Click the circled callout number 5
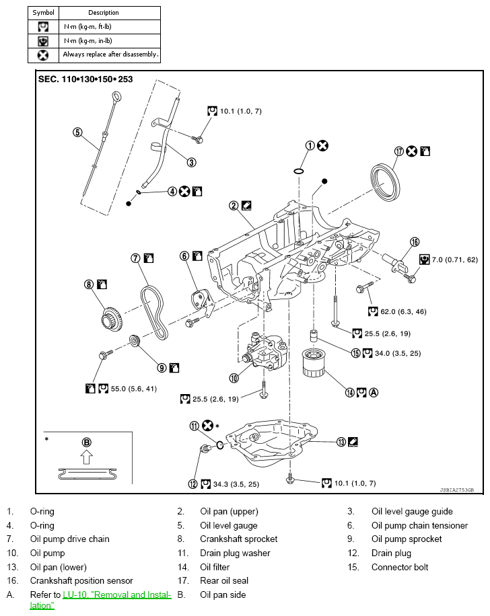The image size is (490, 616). tap(77, 132)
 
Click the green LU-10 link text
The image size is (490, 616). tap(117, 594)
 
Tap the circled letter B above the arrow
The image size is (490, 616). tap(86, 442)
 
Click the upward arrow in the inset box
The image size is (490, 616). tap(86, 459)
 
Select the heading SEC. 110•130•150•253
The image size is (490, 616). tap(85, 79)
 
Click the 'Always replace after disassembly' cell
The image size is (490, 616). tap(110, 54)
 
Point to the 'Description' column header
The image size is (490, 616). tap(104, 13)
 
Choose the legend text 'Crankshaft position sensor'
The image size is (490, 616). tap(81, 580)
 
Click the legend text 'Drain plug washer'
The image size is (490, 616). tap(235, 553)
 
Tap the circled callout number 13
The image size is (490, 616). tap(341, 441)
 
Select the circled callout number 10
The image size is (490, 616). tap(234, 378)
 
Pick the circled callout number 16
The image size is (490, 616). tap(415, 241)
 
